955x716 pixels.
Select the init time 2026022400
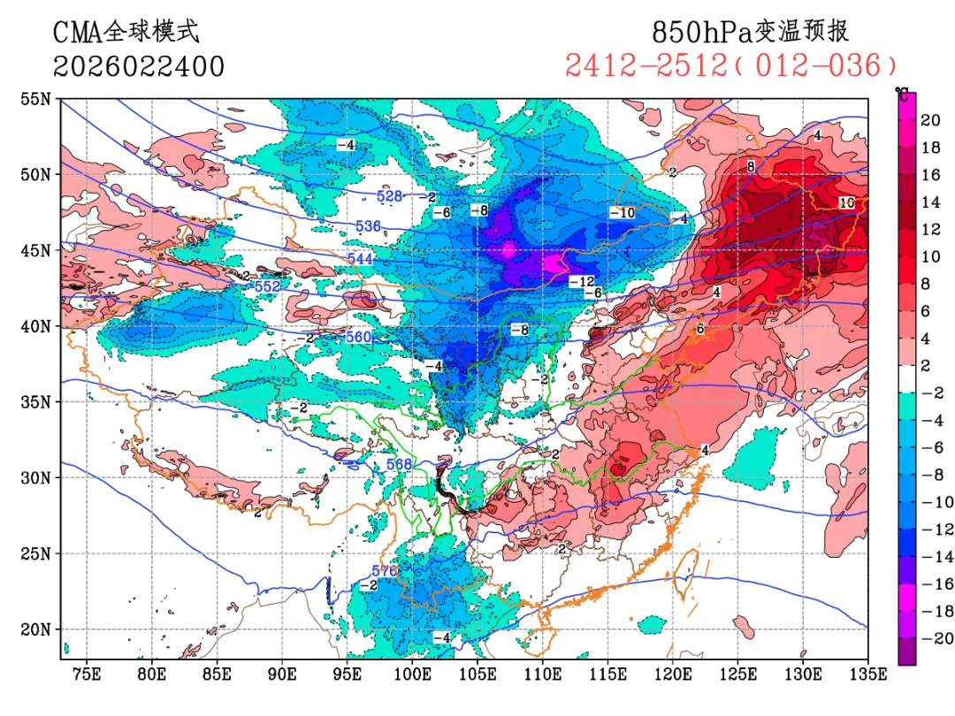pos(139,66)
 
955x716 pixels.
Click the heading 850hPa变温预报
pos(750,32)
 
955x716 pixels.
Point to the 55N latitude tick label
pos(35,99)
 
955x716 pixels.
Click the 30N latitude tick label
pos(35,477)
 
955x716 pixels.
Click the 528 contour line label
pos(390,195)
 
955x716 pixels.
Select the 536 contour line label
pos(368,226)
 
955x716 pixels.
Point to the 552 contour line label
pos(267,287)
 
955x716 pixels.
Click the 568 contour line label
pos(400,465)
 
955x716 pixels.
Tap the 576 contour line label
pos(385,570)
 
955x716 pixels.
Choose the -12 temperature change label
pos(581,282)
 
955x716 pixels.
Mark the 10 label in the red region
pos(846,202)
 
